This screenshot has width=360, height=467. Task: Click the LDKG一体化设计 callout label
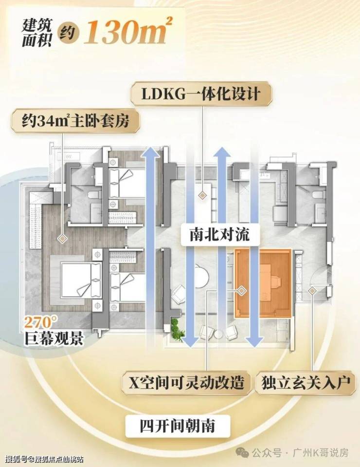pyautogui.click(x=201, y=93)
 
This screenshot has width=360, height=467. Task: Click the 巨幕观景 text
pyautogui.click(x=54, y=338)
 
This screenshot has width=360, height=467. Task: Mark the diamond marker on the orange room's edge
pyautogui.click(x=241, y=290)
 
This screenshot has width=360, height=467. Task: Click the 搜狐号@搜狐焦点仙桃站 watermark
pyautogui.click(x=44, y=458)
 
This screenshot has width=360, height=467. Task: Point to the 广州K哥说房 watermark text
pyautogui.click(x=321, y=453)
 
